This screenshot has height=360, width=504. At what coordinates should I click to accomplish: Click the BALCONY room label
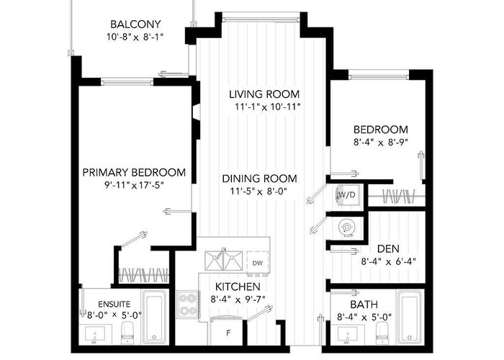click(x=135, y=24)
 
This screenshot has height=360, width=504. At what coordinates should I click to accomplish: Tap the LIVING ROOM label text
click(x=264, y=94)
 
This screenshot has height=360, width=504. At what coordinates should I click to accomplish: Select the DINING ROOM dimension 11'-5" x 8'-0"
click(x=258, y=192)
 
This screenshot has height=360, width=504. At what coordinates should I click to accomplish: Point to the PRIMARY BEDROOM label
click(x=134, y=173)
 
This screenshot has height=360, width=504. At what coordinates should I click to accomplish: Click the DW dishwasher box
click(x=258, y=263)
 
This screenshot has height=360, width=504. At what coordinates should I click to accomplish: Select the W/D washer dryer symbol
click(x=348, y=195)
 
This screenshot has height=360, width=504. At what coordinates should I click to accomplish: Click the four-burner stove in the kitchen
click(x=188, y=304)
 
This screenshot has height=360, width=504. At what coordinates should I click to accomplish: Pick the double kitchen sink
click(x=223, y=261)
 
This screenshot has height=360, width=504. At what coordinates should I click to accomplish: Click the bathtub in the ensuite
click(x=155, y=318)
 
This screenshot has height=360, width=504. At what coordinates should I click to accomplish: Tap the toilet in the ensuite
click(x=128, y=333)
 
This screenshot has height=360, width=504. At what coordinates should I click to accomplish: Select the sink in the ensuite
click(x=95, y=334)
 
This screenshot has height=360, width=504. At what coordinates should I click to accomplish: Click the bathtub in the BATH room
click(x=410, y=318)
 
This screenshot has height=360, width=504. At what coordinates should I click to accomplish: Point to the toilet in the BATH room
click(x=383, y=333)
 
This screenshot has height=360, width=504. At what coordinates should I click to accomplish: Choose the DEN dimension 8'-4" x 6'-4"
click(x=388, y=261)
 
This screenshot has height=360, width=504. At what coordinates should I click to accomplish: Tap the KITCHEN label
click(x=238, y=287)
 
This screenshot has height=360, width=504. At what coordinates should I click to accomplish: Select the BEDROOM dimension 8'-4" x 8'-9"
click(x=381, y=143)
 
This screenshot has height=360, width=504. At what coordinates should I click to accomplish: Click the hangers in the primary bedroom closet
click(x=143, y=276)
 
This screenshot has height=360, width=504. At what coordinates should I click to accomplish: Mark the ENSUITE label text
click(x=114, y=304)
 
